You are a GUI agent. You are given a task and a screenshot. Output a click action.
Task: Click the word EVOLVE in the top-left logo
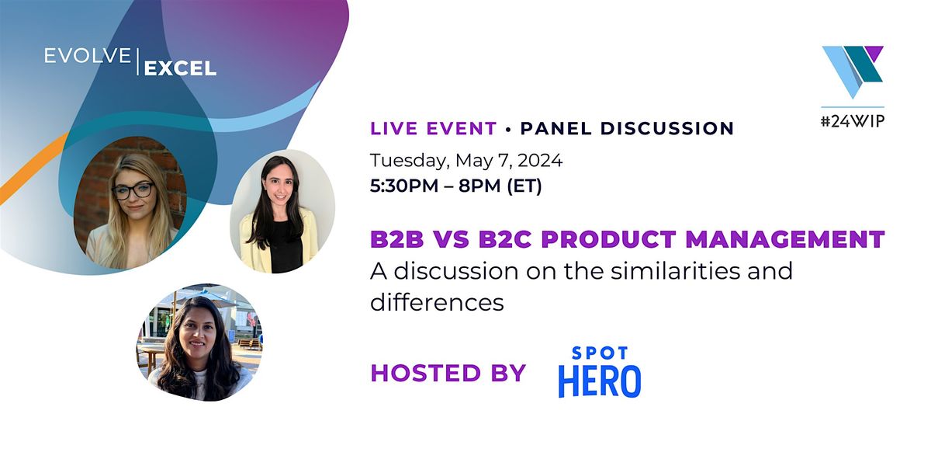coord(86,57)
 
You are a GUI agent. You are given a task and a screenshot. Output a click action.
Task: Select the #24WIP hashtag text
coord(853,121)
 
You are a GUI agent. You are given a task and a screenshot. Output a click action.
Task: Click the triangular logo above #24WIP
coord(853,71)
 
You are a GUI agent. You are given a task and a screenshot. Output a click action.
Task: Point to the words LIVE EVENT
coord(433,128)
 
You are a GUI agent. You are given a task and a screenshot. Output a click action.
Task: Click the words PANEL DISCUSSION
coord(627,128)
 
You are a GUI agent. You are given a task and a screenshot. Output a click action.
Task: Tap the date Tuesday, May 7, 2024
coord(465,161)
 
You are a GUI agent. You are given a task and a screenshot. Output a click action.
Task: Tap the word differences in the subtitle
coord(437,303)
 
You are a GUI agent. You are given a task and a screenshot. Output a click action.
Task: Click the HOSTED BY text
coord(448,373)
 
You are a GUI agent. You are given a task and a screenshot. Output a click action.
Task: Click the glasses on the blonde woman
coord(133,190)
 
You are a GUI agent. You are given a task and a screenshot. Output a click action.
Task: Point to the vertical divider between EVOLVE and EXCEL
coord(137,62)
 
